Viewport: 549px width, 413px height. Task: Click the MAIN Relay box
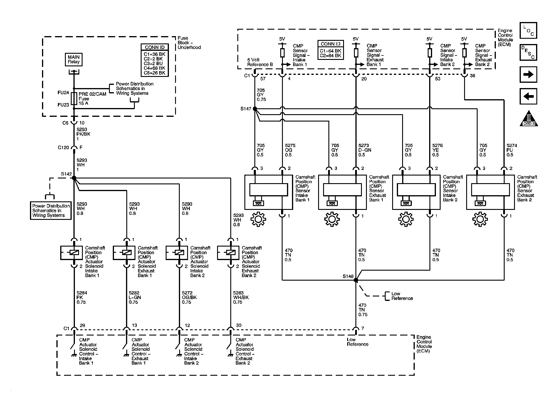(74, 60)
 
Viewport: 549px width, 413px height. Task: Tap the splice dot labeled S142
(74, 178)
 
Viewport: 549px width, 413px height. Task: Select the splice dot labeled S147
(255, 109)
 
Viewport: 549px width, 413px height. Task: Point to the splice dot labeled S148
(356, 280)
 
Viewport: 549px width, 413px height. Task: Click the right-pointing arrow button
(528, 75)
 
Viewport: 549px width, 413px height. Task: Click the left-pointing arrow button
(528, 96)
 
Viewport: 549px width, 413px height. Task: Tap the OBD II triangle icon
(529, 119)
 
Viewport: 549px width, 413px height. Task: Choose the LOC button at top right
(528, 31)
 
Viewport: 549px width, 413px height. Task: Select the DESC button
(528, 53)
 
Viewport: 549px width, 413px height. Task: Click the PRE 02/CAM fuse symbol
(74, 99)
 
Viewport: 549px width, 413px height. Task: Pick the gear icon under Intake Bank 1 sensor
(258, 219)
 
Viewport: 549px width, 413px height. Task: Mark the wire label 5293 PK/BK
(83, 134)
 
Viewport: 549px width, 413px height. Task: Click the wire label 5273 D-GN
(365, 150)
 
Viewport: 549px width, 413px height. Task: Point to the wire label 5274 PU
(511, 150)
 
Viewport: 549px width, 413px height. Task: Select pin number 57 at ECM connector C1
(263, 79)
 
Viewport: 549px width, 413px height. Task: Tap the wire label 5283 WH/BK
(241, 297)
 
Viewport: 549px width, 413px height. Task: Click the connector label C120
(63, 148)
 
